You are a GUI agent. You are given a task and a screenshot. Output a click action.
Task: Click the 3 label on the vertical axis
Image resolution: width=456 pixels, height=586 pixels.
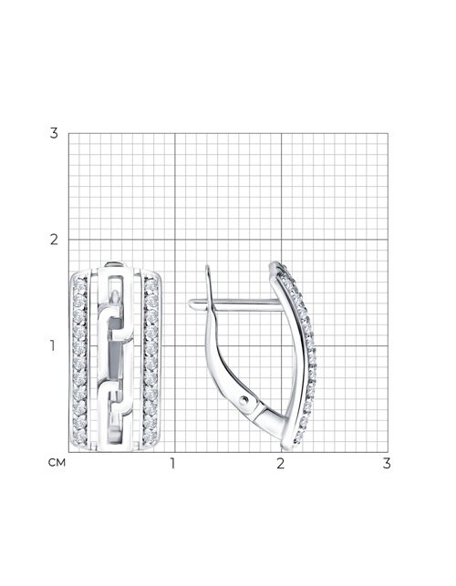54,133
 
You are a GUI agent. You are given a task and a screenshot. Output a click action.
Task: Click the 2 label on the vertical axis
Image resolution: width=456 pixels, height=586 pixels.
54,240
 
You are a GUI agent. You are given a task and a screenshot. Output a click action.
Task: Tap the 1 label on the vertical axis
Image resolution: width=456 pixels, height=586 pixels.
53,346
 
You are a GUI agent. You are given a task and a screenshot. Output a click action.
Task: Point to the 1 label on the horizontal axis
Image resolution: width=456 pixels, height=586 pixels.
172,463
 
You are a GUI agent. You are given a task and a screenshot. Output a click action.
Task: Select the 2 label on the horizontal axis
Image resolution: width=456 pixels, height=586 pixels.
281,463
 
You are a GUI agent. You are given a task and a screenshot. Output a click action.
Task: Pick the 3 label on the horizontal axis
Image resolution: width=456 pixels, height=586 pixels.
387,463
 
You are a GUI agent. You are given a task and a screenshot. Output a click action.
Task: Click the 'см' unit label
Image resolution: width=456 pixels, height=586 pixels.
57,463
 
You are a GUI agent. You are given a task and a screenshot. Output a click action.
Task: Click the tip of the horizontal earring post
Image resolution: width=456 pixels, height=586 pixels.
190,304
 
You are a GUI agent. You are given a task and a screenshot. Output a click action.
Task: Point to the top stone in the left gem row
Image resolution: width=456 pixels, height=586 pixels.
79,285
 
